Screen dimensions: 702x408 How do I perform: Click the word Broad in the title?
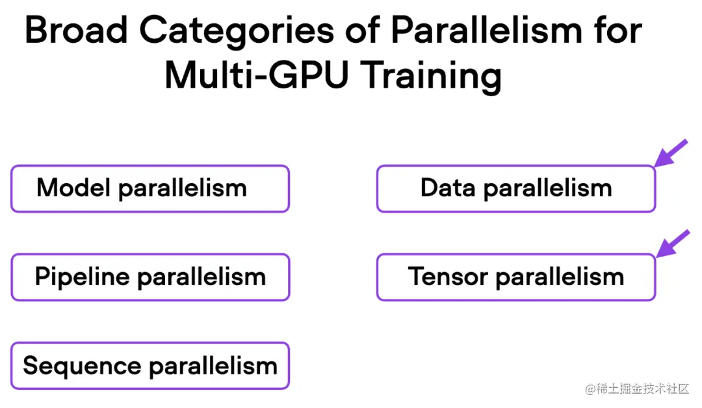tap(75, 31)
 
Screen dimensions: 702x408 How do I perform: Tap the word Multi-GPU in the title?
tap(257, 76)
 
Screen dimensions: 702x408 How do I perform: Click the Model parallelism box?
tap(149, 188)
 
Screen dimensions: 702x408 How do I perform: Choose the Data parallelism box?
tap(516, 188)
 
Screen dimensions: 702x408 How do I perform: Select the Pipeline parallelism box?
tap(149, 277)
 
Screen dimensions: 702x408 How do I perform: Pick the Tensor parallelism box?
tap(516, 277)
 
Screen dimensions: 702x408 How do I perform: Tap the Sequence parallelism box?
tap(149, 366)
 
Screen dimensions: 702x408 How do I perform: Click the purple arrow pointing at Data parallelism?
tap(670, 154)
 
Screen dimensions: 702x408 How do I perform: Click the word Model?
tap(75, 188)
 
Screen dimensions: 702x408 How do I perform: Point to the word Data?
tap(449, 188)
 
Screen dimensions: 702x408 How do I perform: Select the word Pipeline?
tap(83, 277)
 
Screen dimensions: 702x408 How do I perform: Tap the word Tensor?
tap(448, 277)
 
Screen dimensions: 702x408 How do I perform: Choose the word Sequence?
tap(83, 366)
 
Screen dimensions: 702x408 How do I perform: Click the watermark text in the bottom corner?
tap(636, 389)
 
